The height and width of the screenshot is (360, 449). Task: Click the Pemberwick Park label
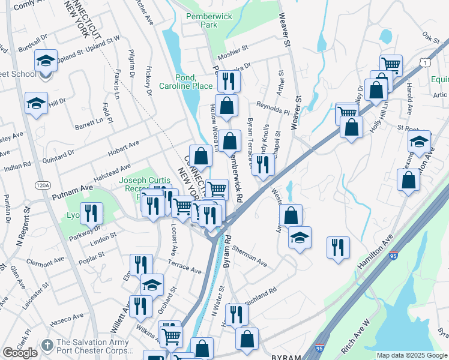(201, 21)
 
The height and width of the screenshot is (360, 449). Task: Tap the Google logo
(20, 353)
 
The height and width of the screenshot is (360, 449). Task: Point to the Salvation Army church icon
(47, 346)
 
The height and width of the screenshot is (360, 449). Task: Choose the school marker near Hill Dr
(36, 103)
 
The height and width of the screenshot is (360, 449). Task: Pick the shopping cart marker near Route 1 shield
(391, 64)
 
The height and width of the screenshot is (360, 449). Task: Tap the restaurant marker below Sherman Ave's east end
(338, 247)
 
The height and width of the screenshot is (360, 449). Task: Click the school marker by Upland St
(46, 61)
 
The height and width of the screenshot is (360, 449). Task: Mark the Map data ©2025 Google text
(412, 355)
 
